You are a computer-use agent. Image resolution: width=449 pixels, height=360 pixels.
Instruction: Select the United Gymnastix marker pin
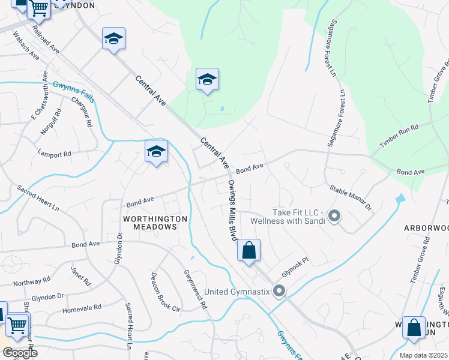[279, 292]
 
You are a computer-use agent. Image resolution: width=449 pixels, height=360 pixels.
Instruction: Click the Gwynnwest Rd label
[196, 289]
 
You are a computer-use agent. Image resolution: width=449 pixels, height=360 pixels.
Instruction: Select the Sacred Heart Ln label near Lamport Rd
[38, 198]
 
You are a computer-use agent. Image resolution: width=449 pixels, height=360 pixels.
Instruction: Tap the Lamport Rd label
[54, 154]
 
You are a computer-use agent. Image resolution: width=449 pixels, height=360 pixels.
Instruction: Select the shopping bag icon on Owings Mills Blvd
[249, 250]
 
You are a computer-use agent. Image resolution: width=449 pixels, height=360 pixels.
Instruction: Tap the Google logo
[20, 353]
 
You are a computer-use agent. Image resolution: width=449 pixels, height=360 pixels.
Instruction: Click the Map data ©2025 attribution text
[423, 355]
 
